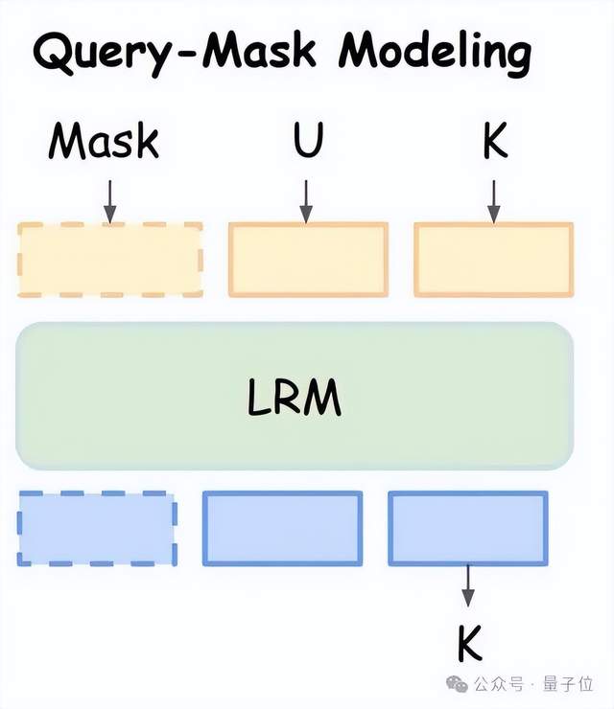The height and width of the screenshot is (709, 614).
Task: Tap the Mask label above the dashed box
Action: tap(105, 142)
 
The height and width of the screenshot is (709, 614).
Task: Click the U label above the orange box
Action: tap(308, 142)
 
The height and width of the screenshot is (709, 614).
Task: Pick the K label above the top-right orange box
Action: tap(495, 142)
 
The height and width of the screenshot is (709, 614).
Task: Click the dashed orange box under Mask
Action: tap(110, 260)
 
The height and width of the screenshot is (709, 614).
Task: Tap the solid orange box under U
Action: tap(308, 260)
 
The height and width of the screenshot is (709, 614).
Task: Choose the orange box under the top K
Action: tap(494, 260)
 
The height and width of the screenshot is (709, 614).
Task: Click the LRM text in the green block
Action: tap(295, 398)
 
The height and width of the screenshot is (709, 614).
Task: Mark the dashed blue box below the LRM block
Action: tap(97, 528)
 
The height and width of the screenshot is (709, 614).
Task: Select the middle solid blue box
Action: tap(282, 528)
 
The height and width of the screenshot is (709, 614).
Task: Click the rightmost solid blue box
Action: tap(468, 528)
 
